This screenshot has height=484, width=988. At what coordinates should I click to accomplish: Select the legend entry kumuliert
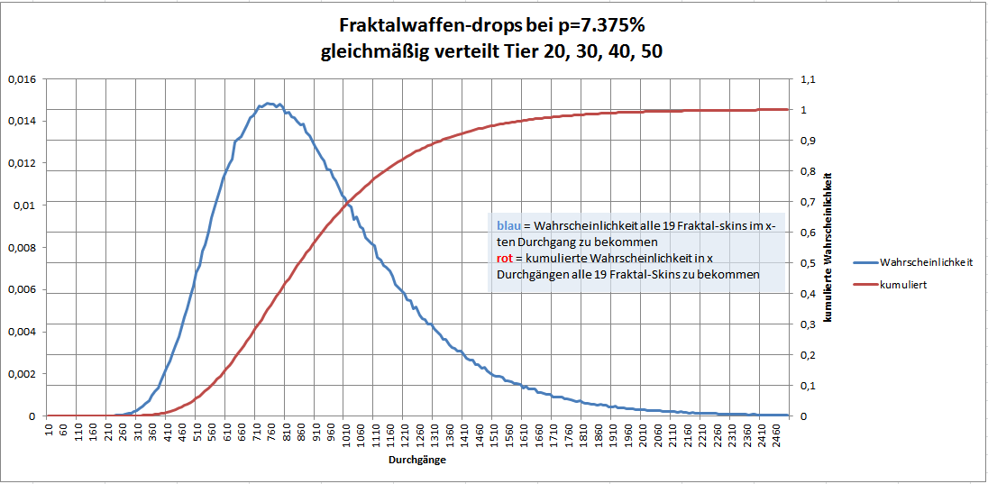pyautogui.click(x=902, y=283)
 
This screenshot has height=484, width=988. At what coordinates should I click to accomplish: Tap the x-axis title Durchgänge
pyautogui.click(x=416, y=459)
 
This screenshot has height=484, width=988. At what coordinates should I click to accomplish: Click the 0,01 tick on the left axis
pyautogui.click(x=23, y=205)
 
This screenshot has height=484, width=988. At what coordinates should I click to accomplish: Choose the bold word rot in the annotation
pyautogui.click(x=503, y=259)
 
